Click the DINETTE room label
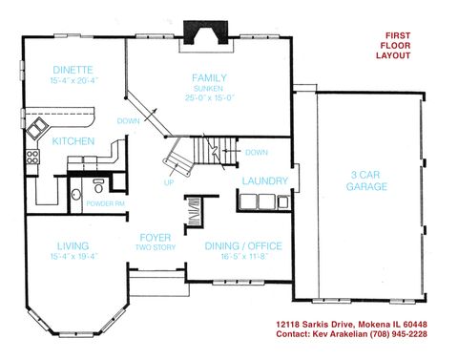pyautogui.click(x=73, y=70)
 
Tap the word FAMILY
pyautogui.click(x=208, y=77)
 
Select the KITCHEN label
pyautogui.click(x=73, y=141)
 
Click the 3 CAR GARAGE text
pyautogui.click(x=367, y=180)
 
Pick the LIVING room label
pyautogui.click(x=73, y=244)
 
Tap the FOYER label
pyautogui.click(x=155, y=237)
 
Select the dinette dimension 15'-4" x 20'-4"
pyautogui.click(x=73, y=80)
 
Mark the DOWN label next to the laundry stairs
pyautogui.click(x=256, y=153)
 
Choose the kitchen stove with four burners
pyautogui.click(x=36, y=154)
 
